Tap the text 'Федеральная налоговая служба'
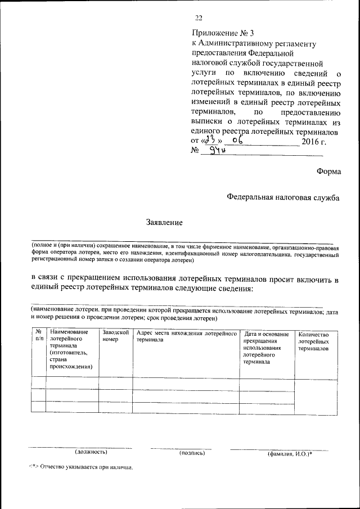point(283,197)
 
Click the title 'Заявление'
point(165,222)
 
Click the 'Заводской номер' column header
point(115,336)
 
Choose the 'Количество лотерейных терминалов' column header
point(313,341)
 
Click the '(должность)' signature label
point(91,452)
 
